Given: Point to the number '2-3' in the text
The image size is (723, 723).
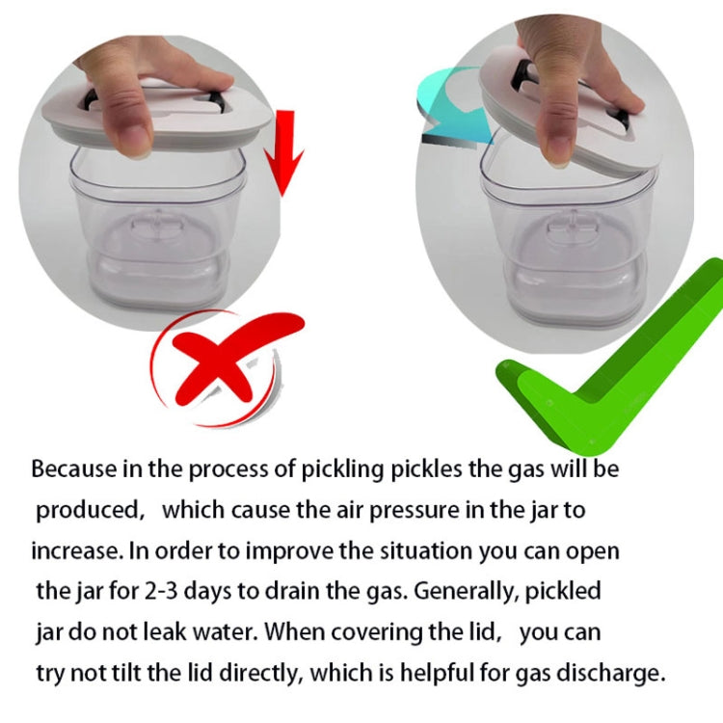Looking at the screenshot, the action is click(x=160, y=591).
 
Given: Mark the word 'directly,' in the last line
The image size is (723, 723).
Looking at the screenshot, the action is click(x=261, y=673).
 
